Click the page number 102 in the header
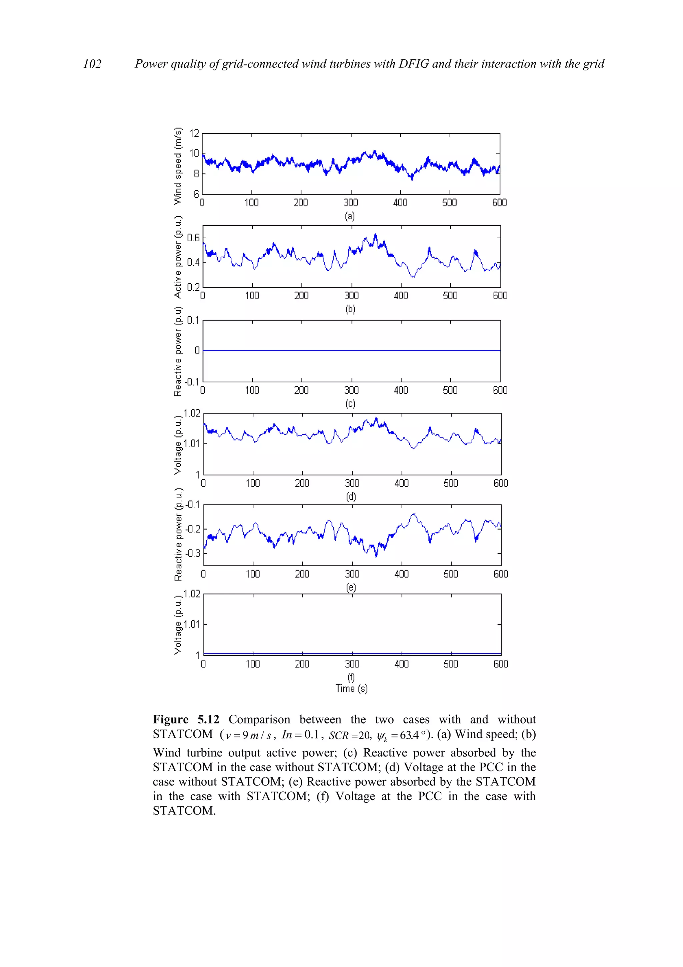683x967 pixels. coord(92,64)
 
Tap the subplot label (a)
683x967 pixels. coord(350,217)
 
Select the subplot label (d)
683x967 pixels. coord(351,497)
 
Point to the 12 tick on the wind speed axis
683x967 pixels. coord(194,133)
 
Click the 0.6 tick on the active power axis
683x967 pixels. coord(193,238)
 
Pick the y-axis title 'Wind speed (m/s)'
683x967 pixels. coord(178,166)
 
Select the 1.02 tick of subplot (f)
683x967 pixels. coord(192,594)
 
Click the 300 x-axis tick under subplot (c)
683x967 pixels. coord(352,390)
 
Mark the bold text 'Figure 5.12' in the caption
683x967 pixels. coord(186,719)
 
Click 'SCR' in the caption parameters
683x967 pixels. coord(339,736)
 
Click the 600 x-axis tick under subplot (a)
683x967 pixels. coord(500,203)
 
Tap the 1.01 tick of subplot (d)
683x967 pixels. coord(192,443)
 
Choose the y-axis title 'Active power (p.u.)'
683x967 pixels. coord(178,257)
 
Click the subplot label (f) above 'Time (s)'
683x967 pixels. coord(351,677)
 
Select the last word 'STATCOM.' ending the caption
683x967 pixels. coord(184,811)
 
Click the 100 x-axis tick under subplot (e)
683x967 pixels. coord(253,574)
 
